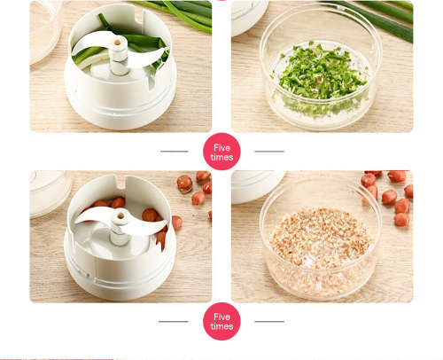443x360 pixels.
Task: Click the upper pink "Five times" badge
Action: pos(221,152)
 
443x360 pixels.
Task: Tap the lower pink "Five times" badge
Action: pos(221,321)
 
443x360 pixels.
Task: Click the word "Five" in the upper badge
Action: pos(221,146)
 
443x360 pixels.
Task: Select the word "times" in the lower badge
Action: pos(221,327)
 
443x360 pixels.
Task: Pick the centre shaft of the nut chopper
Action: pos(119,230)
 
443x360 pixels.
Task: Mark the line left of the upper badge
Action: pos(174,152)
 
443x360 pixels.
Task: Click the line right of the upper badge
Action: pos(269,152)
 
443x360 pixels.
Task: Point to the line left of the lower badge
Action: pos(174,321)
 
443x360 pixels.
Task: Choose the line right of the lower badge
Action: pos(269,321)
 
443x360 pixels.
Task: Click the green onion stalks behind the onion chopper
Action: pos(182,12)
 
